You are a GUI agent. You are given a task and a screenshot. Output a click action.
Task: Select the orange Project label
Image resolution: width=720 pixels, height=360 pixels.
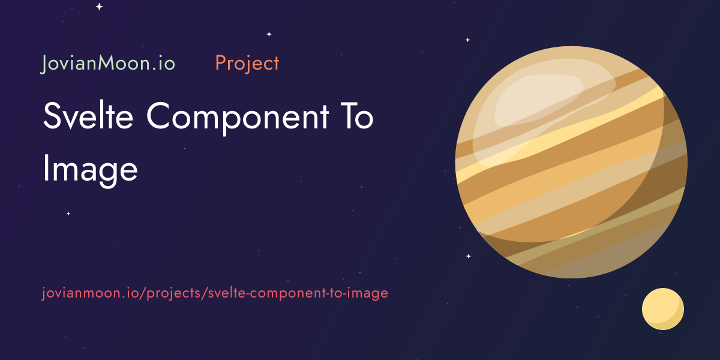[247, 63]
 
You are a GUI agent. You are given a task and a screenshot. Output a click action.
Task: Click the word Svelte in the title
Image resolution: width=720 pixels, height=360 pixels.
[89, 116]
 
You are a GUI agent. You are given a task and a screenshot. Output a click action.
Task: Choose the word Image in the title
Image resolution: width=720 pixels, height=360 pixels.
[90, 169]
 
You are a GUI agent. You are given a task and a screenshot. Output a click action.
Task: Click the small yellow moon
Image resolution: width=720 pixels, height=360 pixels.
[662, 308]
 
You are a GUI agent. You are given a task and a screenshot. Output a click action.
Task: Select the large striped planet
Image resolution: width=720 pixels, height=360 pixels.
[571, 162]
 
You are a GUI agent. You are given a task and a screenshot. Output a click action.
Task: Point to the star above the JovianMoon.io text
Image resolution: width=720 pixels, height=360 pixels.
[99, 7]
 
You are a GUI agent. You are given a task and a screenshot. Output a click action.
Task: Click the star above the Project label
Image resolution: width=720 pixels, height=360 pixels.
[269, 34]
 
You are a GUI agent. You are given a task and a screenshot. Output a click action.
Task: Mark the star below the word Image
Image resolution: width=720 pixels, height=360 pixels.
[68, 214]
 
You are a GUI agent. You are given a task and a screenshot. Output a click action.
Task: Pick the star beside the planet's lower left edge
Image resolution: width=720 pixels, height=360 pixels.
[469, 256]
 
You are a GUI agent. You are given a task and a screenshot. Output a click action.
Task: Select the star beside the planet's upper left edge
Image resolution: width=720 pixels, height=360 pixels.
[467, 40]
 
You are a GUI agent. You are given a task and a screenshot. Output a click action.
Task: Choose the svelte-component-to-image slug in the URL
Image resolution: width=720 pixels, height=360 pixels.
[299, 293]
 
